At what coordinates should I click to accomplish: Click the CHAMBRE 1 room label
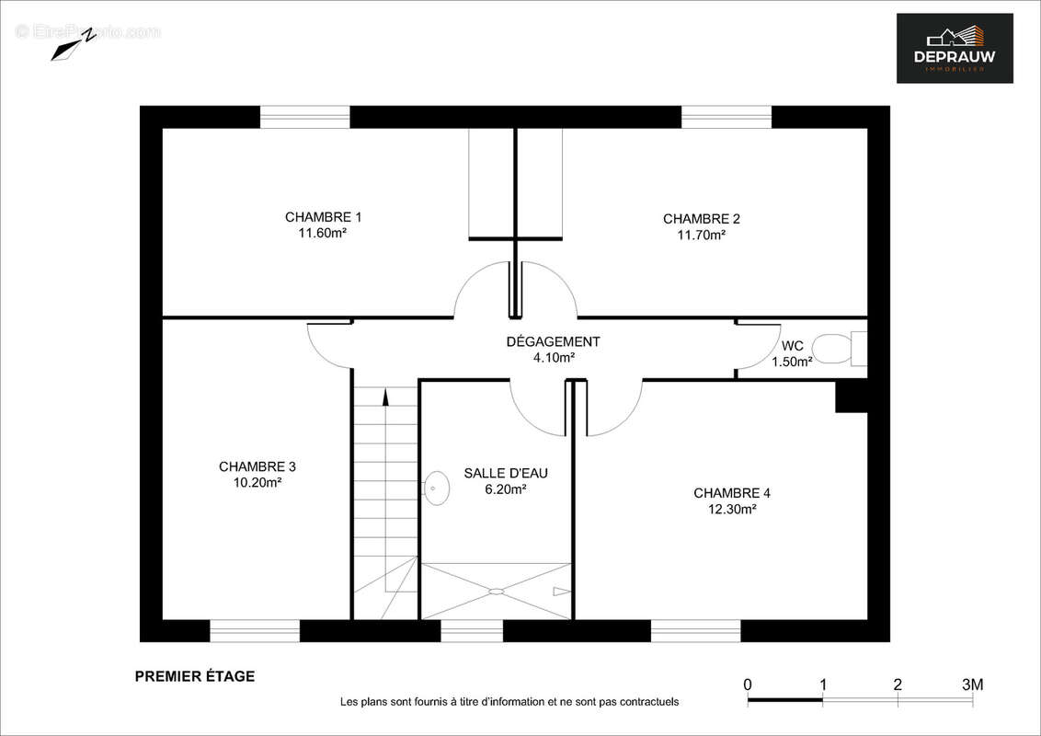323,217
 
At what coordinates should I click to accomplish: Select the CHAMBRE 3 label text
257,466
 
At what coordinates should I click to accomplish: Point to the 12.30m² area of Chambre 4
731,509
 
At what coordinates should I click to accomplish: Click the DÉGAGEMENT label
553,341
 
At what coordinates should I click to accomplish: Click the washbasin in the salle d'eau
437,489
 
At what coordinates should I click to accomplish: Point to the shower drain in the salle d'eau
497,591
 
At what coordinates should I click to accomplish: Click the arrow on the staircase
384,397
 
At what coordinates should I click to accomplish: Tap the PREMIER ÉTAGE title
195,676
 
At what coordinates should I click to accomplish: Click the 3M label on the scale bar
972,684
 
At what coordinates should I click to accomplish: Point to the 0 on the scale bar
748,684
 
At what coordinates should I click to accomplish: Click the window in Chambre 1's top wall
304,117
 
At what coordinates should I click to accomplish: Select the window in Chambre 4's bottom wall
695,630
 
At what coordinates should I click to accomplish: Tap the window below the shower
472,630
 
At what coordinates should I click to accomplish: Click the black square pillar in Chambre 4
851,397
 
